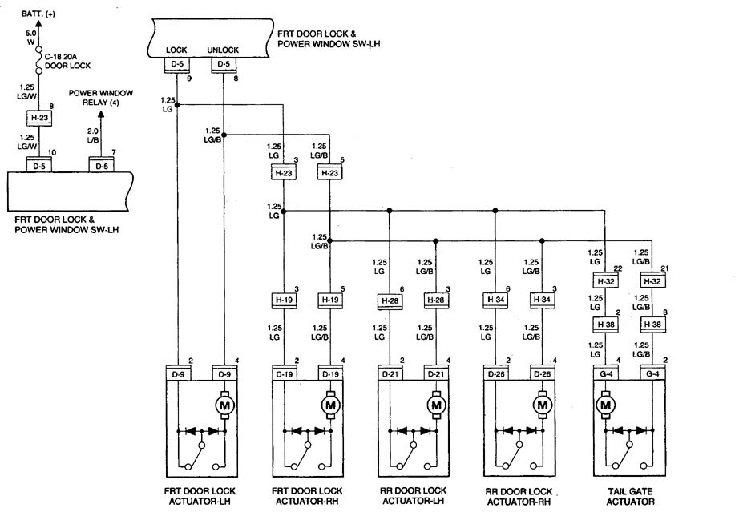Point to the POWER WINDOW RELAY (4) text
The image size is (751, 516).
(x=100, y=97)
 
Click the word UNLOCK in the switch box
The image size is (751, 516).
(x=224, y=50)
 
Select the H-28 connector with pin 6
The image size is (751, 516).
(x=389, y=301)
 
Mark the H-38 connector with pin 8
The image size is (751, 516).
(x=652, y=325)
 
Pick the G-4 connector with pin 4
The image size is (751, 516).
(x=604, y=373)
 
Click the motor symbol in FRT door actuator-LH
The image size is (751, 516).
(x=224, y=405)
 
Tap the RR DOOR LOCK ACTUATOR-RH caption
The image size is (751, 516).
(x=519, y=495)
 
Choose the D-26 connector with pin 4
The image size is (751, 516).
(x=543, y=373)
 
